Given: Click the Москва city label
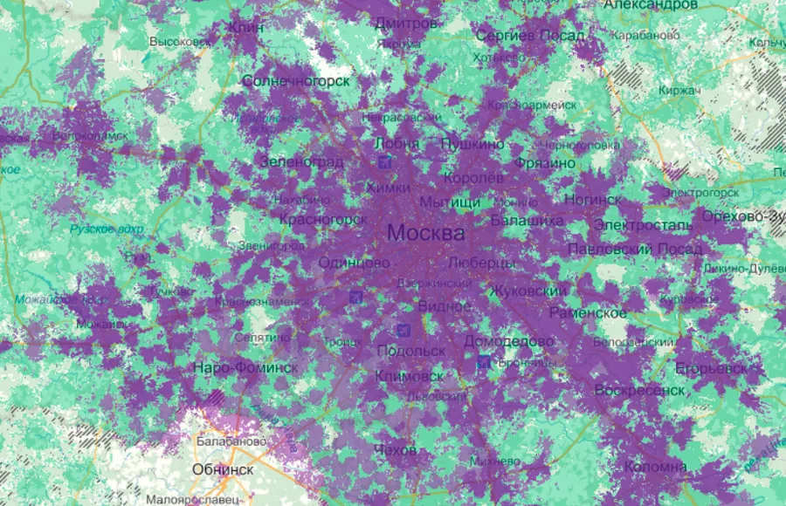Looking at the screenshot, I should (x=425, y=234).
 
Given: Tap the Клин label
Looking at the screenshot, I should (x=246, y=27).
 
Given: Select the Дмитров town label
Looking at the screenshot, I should (x=405, y=23).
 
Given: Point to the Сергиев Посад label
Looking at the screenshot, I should (x=529, y=35).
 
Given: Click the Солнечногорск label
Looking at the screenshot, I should (x=296, y=80).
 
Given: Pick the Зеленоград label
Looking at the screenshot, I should (x=300, y=162).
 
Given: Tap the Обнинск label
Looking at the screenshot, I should (x=223, y=469).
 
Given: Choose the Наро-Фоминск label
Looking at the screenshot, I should (x=245, y=367).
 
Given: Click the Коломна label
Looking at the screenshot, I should (x=655, y=467).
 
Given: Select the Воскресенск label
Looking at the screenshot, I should (x=639, y=390).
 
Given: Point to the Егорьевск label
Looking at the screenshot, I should (x=711, y=368).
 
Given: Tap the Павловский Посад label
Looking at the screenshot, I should (x=635, y=250).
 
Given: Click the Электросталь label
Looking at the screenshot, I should (x=643, y=225).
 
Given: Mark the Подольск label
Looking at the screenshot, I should (x=410, y=351).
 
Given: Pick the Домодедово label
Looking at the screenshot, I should (x=509, y=340).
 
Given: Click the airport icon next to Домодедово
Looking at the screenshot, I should (x=483, y=360).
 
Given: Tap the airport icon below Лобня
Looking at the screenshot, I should (x=386, y=162).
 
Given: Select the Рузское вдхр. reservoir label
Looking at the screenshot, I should (x=107, y=229).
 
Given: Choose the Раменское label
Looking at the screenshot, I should (x=588, y=312).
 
